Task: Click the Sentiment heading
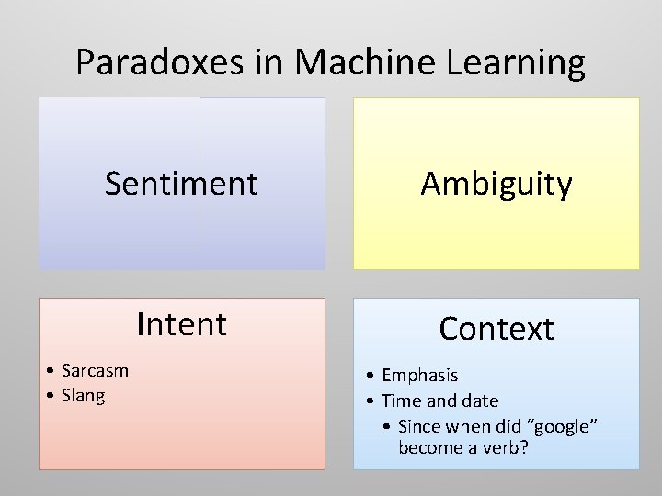pos(181,184)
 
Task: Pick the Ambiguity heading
pos(496,184)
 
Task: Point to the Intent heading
pos(181,324)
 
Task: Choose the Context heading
pos(496,329)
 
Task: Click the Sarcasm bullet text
pos(95,370)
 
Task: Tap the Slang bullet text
pos(83,396)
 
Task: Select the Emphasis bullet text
pos(419,375)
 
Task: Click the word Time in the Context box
pos(400,400)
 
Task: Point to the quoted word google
pos(562,426)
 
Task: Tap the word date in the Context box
pos(479,400)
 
